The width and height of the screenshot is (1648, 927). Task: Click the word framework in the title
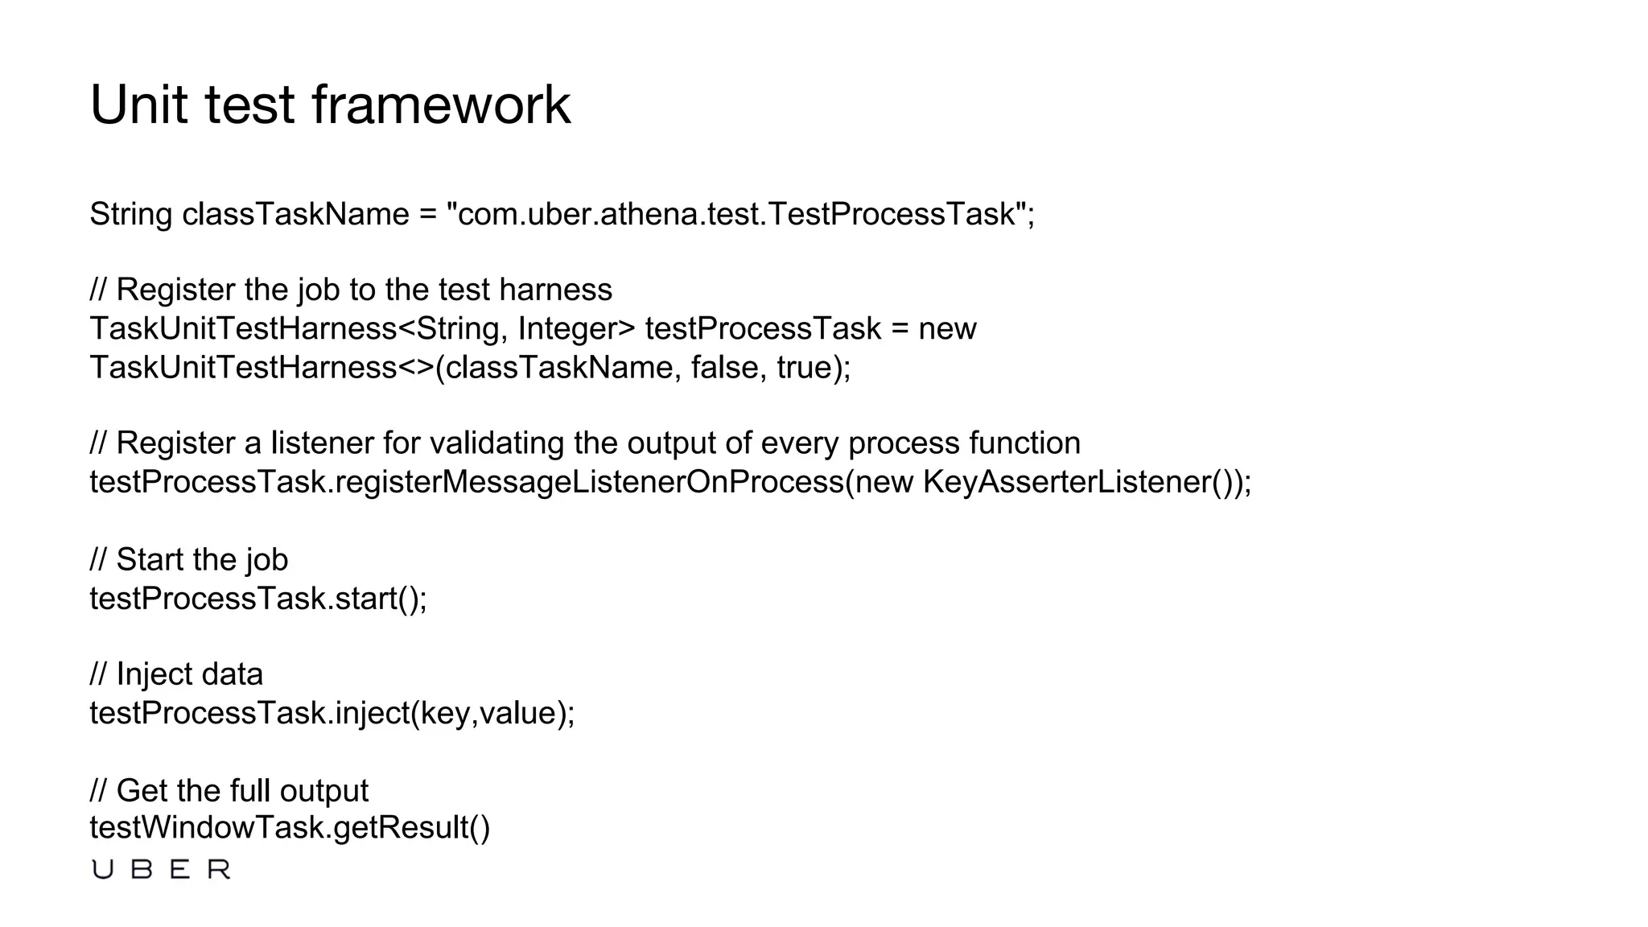[440, 105]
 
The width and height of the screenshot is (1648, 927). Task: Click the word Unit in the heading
[138, 105]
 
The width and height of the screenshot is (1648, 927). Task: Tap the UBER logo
[161, 870]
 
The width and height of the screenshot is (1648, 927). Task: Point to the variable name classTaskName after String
[295, 215]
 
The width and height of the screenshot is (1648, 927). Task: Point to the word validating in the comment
[496, 443]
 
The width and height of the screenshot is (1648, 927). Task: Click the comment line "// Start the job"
[189, 560]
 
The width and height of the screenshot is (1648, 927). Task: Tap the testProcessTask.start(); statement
[258, 599]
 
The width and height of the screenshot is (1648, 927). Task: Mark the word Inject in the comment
[148, 674]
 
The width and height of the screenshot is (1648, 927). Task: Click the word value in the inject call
[519, 713]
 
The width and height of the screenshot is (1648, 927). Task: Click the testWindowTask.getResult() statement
[290, 827]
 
